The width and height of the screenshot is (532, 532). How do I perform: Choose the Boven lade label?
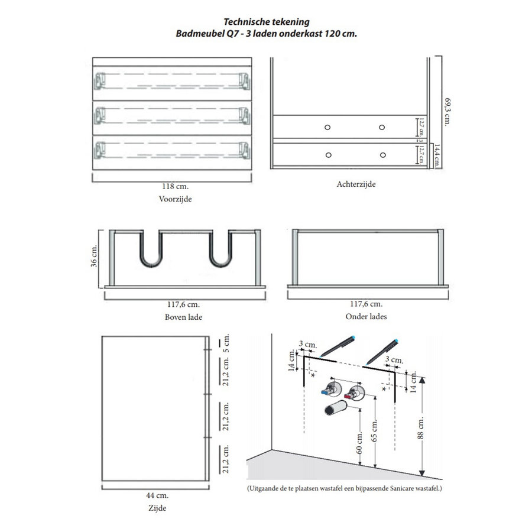(183, 317)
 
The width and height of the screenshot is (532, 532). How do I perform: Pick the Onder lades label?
(366, 317)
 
